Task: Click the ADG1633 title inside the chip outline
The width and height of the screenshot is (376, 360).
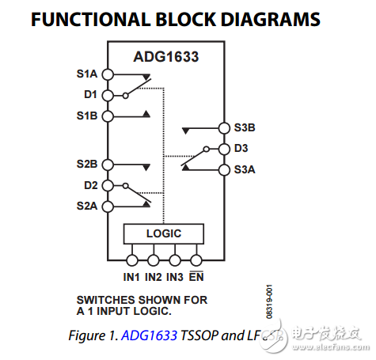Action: coord(165,57)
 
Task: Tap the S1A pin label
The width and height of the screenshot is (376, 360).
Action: coord(86,74)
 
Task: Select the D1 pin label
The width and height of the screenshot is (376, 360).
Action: coord(89,95)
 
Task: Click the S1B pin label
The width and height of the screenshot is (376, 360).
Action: coord(86,116)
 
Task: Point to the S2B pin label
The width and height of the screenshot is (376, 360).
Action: coord(86,165)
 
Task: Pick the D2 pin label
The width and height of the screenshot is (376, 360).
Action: coord(89,185)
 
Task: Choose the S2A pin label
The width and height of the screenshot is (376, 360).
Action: coord(86,206)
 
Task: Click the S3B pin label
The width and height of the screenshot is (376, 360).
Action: coord(245,127)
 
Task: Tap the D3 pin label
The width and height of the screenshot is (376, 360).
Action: coord(241,148)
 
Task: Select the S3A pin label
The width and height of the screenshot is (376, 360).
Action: coord(245,169)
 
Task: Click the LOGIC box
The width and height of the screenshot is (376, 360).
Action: coord(164,233)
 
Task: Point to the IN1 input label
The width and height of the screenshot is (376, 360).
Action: coord(131,277)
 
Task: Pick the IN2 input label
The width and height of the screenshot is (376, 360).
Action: coord(154,277)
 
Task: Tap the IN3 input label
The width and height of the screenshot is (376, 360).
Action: coord(175,277)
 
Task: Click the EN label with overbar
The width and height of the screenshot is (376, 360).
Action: coord(196,277)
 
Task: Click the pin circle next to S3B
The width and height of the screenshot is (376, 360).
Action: coord(223,127)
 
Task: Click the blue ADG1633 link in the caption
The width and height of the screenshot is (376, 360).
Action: coord(150,335)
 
